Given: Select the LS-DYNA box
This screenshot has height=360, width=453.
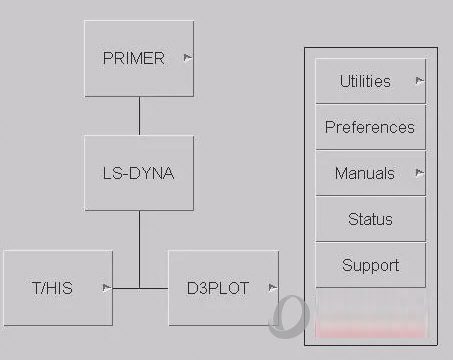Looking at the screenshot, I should pos(139,173).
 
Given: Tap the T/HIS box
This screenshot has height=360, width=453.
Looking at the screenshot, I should pos(58,288).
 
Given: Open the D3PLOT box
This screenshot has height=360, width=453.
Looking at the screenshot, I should pos(223,288).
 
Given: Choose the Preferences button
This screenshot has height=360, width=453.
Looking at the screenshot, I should pos(370,127).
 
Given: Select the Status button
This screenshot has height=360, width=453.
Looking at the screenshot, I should pos(370,219).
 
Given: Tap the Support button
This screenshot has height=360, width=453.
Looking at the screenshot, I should pos(370,265).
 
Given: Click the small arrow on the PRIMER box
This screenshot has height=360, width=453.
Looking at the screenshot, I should pos(187,58).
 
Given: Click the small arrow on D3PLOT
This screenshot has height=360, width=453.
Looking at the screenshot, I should pos(271,288).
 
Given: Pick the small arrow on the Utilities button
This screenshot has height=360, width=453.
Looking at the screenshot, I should pos(418,80).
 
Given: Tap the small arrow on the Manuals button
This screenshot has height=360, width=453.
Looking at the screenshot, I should pos(418,172).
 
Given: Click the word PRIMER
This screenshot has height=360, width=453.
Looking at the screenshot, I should pos(133,59).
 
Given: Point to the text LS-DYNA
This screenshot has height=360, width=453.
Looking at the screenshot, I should pos(139,173).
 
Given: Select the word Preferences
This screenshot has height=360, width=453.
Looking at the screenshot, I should pos(370,127).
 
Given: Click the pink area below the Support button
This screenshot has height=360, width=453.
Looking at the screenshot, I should pos(370,322).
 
